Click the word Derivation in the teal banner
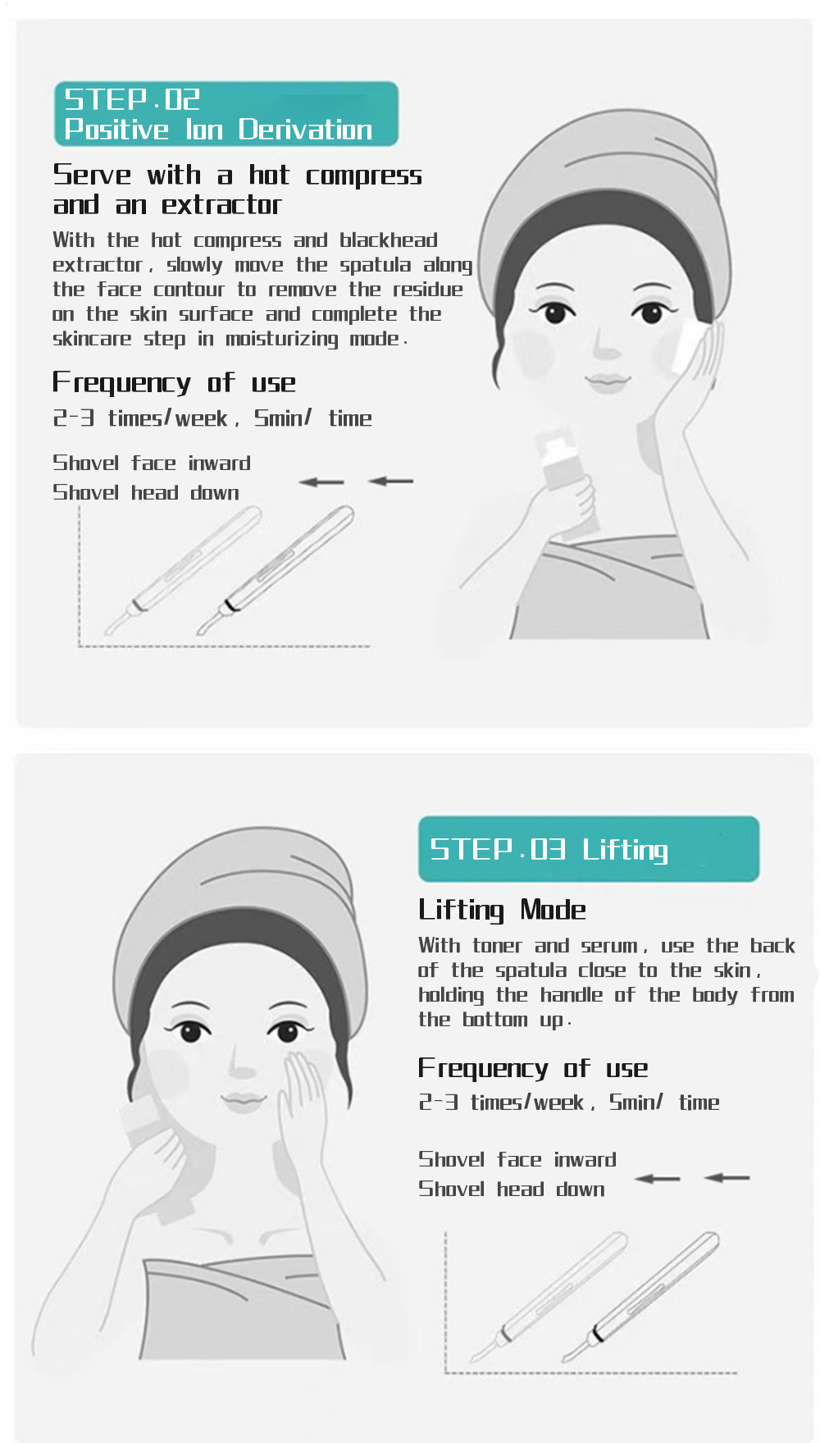[305, 130]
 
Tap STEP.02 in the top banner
[132, 99]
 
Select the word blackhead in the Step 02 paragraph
[389, 240]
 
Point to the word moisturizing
[282, 339]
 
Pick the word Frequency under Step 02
[121, 383]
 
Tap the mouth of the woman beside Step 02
[607, 382]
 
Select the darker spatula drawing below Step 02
[276, 573]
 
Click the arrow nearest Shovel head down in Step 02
[321, 482]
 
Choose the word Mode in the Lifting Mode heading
[553, 910]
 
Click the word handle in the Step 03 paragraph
[571, 995]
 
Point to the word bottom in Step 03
[494, 1020]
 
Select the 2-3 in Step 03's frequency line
[438, 1102]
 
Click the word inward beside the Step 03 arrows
[585, 1160]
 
